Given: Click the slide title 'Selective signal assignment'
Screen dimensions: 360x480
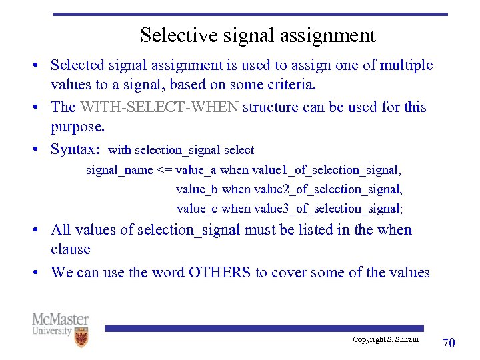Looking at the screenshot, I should pyautogui.click(x=257, y=35).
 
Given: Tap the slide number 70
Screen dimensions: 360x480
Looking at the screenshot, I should pyautogui.click(x=449, y=343).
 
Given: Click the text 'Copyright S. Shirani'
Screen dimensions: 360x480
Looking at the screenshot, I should pyautogui.click(x=385, y=340).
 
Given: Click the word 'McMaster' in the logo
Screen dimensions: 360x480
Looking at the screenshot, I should pyautogui.click(x=60, y=319).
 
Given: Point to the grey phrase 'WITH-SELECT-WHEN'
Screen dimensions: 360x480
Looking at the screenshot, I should pyautogui.click(x=159, y=107).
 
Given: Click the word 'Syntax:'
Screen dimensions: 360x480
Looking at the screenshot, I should pyautogui.click(x=75, y=149).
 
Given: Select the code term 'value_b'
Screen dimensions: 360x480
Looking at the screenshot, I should pyautogui.click(x=197, y=189).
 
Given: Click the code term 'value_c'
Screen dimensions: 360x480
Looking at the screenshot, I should pyautogui.click(x=197, y=209).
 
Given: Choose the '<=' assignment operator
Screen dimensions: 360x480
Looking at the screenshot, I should pyautogui.click(x=164, y=170).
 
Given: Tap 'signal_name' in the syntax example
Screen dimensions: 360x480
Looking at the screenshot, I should pyautogui.click(x=119, y=170).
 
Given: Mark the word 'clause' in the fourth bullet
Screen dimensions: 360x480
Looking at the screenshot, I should pyautogui.click(x=70, y=249).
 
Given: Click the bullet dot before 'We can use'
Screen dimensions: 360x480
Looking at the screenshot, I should pyautogui.click(x=40, y=273).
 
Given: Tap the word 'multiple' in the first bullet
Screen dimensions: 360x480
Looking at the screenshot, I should pyautogui.click(x=407, y=65).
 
